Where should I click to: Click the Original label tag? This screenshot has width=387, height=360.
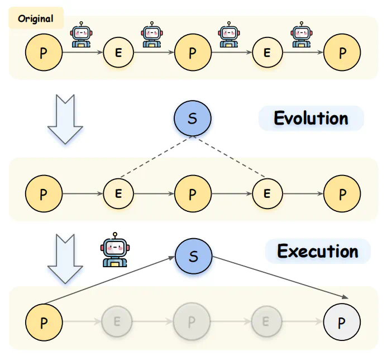[x=36, y=18]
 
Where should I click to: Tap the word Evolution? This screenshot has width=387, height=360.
[x=310, y=119]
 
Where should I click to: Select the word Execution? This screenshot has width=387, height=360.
[x=318, y=251]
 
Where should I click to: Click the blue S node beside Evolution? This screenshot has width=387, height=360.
[x=193, y=119]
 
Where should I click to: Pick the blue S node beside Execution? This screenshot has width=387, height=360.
[x=193, y=257]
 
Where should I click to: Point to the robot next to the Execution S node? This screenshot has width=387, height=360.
[x=114, y=249]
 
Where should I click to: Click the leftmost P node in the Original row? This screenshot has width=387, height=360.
[x=44, y=53]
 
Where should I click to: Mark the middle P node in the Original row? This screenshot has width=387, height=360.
[x=193, y=53]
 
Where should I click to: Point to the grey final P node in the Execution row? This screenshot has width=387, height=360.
[x=342, y=323]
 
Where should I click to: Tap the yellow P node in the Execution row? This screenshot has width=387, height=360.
[x=44, y=323]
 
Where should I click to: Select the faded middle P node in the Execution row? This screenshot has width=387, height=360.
[x=192, y=323]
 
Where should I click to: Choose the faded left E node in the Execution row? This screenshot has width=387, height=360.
[x=118, y=323]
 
